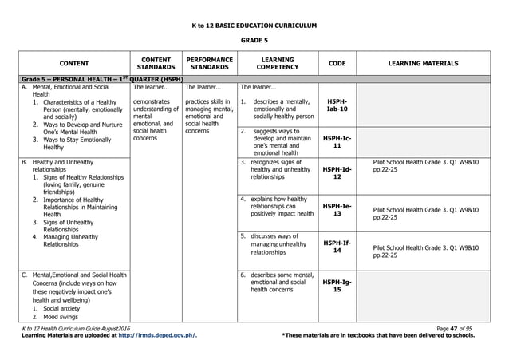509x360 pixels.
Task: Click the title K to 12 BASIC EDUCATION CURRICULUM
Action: click(x=254, y=25)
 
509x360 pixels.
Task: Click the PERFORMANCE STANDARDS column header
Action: click(x=208, y=63)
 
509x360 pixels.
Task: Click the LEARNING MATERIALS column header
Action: click(x=423, y=63)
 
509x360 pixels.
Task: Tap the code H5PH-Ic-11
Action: click(x=337, y=141)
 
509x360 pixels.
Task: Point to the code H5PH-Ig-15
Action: click(x=337, y=285)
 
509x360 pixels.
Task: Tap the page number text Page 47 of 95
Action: click(x=457, y=328)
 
